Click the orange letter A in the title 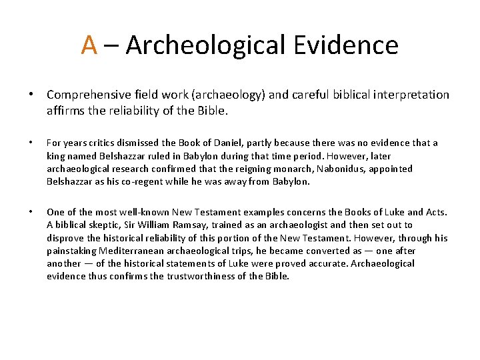point(89,45)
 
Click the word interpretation point(410,95)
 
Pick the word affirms point(63,111)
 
